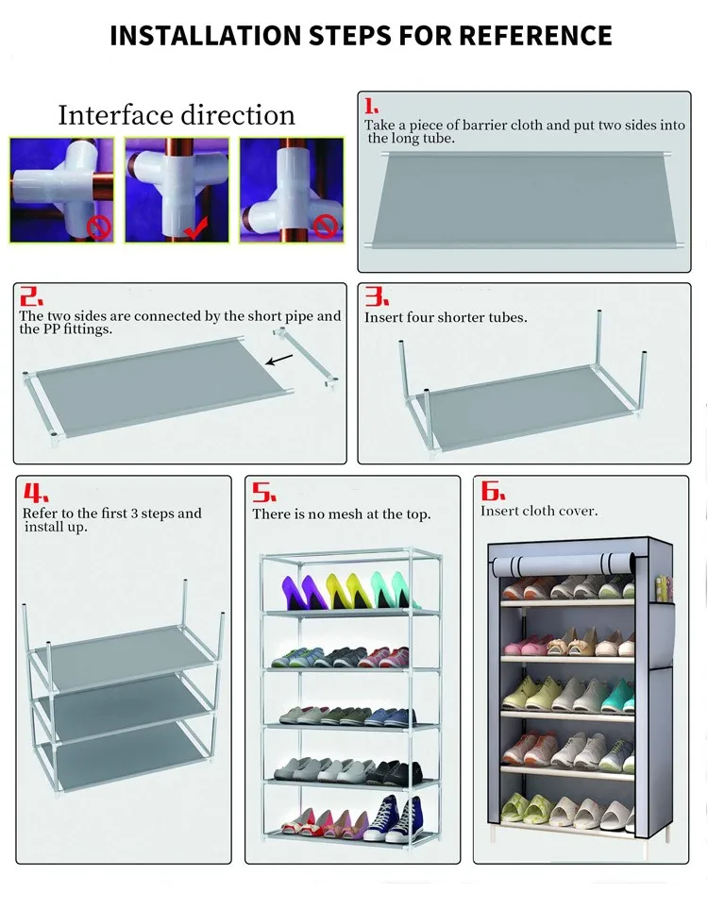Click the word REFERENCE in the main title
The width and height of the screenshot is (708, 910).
pos(535,36)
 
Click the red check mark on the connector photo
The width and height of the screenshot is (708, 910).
pos(195,228)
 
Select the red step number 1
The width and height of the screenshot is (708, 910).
pos(371,107)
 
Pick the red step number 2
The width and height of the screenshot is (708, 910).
pos(31,296)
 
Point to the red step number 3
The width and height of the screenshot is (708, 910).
pos(377,296)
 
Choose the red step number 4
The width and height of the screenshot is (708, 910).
pos(36,493)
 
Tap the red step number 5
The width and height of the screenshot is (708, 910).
pos(264,493)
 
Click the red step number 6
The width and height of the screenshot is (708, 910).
pos(493,491)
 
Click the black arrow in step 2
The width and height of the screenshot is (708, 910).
pos(279,360)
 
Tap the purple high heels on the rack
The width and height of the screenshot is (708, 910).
pos(304,593)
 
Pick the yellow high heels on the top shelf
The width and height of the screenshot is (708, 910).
pos(347,591)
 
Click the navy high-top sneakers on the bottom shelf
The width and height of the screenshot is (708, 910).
pos(396,819)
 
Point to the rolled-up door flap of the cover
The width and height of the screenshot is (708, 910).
pos(563,565)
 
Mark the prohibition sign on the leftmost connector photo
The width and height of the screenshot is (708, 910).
pos(99,227)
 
